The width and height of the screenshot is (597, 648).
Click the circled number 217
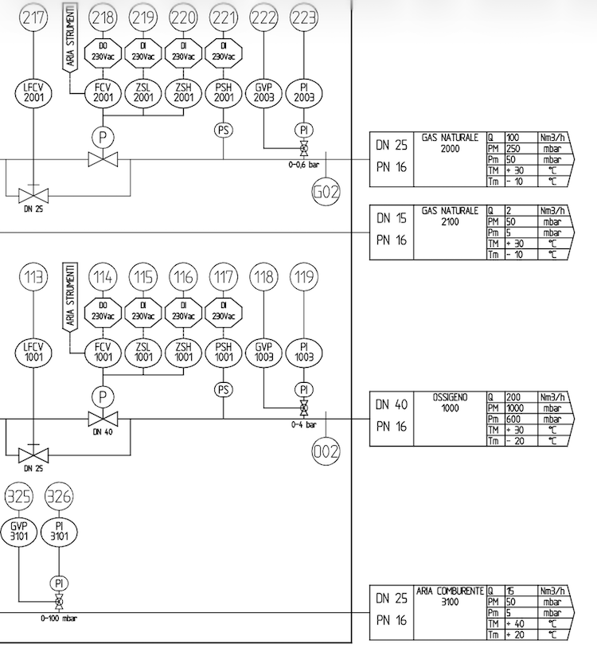pyautogui.click(x=33, y=18)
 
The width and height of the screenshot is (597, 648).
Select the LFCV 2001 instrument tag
pyautogui.click(x=33, y=92)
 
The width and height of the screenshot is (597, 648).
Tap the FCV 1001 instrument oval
pyautogui.click(x=103, y=352)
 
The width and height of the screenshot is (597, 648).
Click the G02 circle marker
pyautogui.click(x=326, y=192)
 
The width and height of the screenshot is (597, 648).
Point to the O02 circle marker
pyautogui.click(x=326, y=451)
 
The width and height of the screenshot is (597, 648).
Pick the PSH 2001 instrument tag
pyautogui.click(x=224, y=92)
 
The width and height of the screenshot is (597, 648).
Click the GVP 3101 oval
pyautogui.click(x=19, y=532)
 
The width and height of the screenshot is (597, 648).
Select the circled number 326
pyautogui.click(x=59, y=496)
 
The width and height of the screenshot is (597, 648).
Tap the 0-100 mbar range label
pyautogui.click(x=59, y=619)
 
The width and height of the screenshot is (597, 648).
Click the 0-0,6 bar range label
pyautogui.click(x=303, y=165)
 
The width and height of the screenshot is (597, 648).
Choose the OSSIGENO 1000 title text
pyautogui.click(x=450, y=403)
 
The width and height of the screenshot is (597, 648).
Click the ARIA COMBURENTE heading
pyautogui.click(x=450, y=591)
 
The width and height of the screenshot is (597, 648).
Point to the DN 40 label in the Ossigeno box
pyautogui.click(x=392, y=404)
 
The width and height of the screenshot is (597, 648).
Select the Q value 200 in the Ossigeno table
pyautogui.click(x=513, y=397)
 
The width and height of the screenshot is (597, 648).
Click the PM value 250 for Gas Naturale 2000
pyautogui.click(x=513, y=148)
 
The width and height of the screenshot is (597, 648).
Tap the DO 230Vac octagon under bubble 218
pyautogui.click(x=103, y=52)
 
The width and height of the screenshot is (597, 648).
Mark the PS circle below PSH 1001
pyautogui.click(x=224, y=390)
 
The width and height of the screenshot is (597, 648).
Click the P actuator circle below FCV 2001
pyautogui.click(x=103, y=137)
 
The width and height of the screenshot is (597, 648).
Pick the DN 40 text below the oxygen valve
pyautogui.click(x=103, y=432)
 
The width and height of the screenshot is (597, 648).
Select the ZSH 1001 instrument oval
pyautogui.click(x=183, y=352)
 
